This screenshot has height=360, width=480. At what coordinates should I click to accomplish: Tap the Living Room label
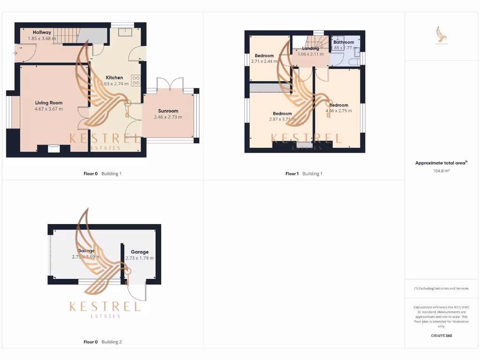pyautogui.click(x=49, y=103)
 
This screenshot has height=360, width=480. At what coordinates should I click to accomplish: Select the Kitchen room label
pyautogui.click(x=114, y=78)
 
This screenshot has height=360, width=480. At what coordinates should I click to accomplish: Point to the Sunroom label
pyautogui.click(x=168, y=111)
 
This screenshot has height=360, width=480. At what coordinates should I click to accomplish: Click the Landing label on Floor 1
pyautogui.click(x=310, y=48)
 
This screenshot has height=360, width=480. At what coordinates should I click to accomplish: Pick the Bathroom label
pyautogui.click(x=344, y=42)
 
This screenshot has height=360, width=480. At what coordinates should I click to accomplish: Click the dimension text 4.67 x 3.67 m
pyautogui.click(x=49, y=109)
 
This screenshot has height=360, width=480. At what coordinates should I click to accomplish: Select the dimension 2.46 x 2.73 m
pyautogui.click(x=168, y=117)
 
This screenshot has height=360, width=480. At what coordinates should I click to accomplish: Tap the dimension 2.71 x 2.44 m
pyautogui.click(x=264, y=61)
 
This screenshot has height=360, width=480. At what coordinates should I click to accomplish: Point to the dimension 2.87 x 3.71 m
pyautogui.click(x=282, y=120)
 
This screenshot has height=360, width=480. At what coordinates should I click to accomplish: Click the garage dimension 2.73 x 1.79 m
pyautogui.click(x=140, y=258)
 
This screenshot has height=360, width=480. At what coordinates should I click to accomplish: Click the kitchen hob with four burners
pyautogui.click(x=136, y=80)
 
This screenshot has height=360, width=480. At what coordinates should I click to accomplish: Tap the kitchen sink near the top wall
pyautogui.click(x=125, y=32)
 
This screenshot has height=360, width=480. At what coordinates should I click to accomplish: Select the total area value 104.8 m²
pyautogui.click(x=441, y=172)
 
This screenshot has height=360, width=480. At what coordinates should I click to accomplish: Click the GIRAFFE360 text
pyautogui.click(x=441, y=336)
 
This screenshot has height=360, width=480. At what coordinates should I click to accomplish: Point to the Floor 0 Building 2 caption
pyautogui.click(x=102, y=342)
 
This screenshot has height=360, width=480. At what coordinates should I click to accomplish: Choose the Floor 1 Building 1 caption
pyautogui.click(x=304, y=174)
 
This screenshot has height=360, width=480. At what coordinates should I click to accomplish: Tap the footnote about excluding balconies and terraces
pyautogui.click(x=441, y=289)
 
